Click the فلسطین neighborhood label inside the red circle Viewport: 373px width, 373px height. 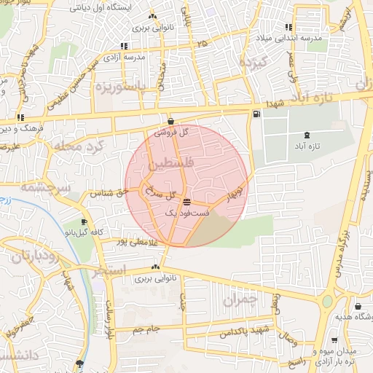coord(170,167)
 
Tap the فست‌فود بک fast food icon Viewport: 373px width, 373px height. coord(187,202)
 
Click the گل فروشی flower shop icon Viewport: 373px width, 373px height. coord(170,122)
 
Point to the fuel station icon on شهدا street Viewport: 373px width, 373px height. coord(256,114)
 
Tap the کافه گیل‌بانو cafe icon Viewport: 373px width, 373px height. coord(85,221)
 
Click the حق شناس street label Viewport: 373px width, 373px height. coord(109,193)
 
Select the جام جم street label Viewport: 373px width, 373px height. coord(146,329)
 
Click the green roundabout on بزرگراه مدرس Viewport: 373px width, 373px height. coord(327,301)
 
